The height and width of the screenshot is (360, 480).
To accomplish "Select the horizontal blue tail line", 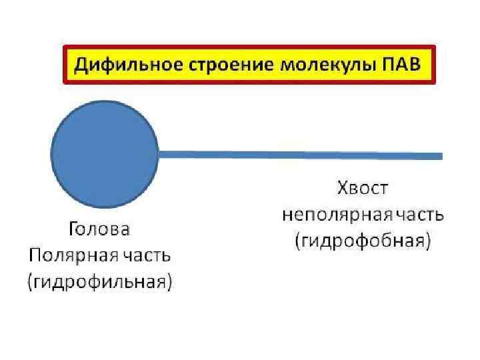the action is point(300,155).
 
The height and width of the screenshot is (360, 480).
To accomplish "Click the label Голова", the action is point(99,230).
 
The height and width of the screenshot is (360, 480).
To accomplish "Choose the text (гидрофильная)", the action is point(99,282).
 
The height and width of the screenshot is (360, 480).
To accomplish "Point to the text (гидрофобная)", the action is point(362,241).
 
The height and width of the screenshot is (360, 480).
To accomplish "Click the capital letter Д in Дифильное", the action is point(79,65).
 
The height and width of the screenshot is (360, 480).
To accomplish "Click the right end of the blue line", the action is point(440,155).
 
